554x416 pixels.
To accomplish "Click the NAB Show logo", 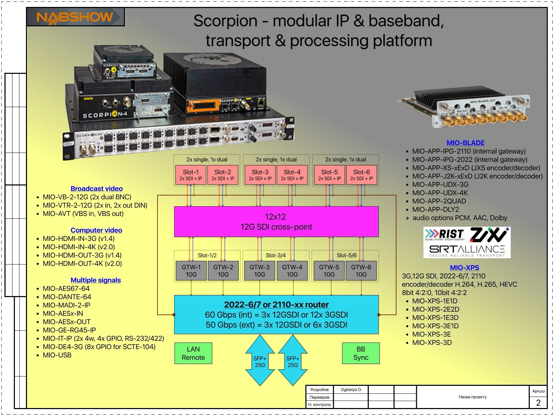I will tap(75, 17).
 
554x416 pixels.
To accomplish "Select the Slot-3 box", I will tap(260, 175).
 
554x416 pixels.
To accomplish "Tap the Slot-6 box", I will tap(361, 175).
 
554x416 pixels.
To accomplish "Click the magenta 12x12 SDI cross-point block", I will tap(276, 222).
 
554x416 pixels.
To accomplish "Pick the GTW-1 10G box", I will tap(191, 270).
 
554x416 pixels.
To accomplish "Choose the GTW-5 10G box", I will tap(329, 270).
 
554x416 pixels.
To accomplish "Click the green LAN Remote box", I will tap(193, 353).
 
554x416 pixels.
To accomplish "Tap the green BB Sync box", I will tap(361, 353).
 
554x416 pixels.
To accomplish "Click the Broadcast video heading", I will tap(97, 189).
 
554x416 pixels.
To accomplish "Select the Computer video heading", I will tap(96, 230).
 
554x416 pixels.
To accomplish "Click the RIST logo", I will tap(445, 234).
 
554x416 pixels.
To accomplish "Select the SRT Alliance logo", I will tap(467, 250).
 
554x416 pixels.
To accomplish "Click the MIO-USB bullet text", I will tap(57, 355).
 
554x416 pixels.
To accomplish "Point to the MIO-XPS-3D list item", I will tap(432, 343).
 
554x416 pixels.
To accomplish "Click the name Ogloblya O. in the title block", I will tap(351, 390).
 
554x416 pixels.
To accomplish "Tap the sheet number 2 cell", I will tap(538, 402).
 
